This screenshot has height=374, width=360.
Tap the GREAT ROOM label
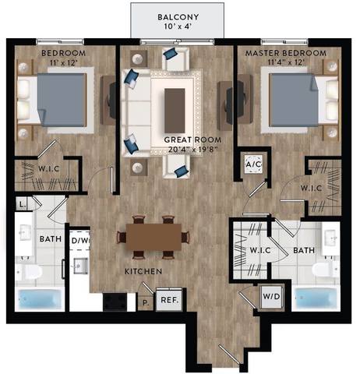[x=186, y=139]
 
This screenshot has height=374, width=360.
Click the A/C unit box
[x=253, y=164]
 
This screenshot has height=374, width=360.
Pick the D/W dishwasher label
[x=81, y=241]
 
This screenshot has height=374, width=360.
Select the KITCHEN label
[x=143, y=271]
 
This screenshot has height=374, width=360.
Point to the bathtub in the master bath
[x=317, y=299]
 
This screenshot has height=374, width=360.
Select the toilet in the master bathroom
[x=321, y=270]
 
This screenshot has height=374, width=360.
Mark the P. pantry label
[x=145, y=301]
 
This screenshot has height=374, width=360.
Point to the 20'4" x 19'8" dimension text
[x=185, y=149]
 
